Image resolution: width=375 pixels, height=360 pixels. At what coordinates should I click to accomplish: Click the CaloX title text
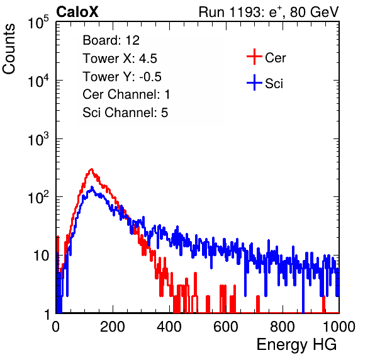77,12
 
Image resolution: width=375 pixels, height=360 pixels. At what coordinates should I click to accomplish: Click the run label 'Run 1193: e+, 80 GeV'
269,12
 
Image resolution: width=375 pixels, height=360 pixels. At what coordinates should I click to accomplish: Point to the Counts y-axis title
9,49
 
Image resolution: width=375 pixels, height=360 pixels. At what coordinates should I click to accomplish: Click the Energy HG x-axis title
296,344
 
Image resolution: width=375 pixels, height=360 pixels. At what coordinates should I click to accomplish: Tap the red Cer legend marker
254,57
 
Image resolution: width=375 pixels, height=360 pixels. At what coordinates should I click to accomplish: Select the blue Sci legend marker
254,83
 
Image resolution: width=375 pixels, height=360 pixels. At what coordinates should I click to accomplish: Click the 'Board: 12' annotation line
111,40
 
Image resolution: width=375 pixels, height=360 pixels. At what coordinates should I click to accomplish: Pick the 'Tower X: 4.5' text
120,59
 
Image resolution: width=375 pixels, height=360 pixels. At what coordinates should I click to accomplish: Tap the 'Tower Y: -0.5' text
122,77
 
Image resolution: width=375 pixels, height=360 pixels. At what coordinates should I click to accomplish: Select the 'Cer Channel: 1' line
126,94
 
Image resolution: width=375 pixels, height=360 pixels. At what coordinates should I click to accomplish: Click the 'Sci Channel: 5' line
125,113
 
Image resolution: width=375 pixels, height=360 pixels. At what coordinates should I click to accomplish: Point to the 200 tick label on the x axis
113,327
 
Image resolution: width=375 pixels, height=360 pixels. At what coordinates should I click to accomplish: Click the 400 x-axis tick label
169,327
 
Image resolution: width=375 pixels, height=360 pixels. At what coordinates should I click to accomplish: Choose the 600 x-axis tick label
226,327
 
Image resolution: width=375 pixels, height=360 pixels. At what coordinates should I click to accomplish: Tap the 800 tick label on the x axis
283,327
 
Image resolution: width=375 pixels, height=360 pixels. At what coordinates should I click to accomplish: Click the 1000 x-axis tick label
339,327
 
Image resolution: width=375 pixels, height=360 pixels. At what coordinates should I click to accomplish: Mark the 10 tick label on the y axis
41,256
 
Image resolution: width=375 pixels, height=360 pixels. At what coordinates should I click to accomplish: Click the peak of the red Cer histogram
91,169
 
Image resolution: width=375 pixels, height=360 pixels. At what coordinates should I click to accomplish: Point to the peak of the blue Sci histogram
92,187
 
